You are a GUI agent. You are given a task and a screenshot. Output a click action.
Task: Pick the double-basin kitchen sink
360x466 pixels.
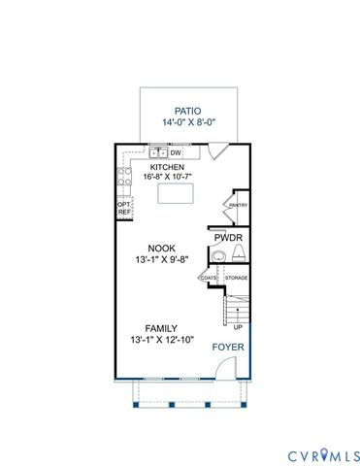click(158, 152)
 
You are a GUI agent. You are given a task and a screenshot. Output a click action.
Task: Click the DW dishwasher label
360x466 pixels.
click(177, 152)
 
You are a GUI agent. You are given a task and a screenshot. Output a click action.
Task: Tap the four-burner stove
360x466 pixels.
click(124, 176)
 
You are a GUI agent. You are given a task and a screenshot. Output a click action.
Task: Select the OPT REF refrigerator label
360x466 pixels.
click(123, 207)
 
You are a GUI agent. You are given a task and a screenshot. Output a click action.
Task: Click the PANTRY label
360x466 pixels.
click(238, 206)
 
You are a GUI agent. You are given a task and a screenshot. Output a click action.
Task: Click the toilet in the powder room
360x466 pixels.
click(239, 256)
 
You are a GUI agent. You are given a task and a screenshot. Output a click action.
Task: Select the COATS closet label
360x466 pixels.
click(209, 279)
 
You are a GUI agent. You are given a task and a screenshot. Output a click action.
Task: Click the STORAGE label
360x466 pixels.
click(237, 279)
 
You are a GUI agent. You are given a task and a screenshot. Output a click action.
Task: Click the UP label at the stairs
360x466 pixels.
click(238, 327)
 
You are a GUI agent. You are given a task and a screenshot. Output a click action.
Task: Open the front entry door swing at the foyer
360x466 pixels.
click(224, 368)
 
